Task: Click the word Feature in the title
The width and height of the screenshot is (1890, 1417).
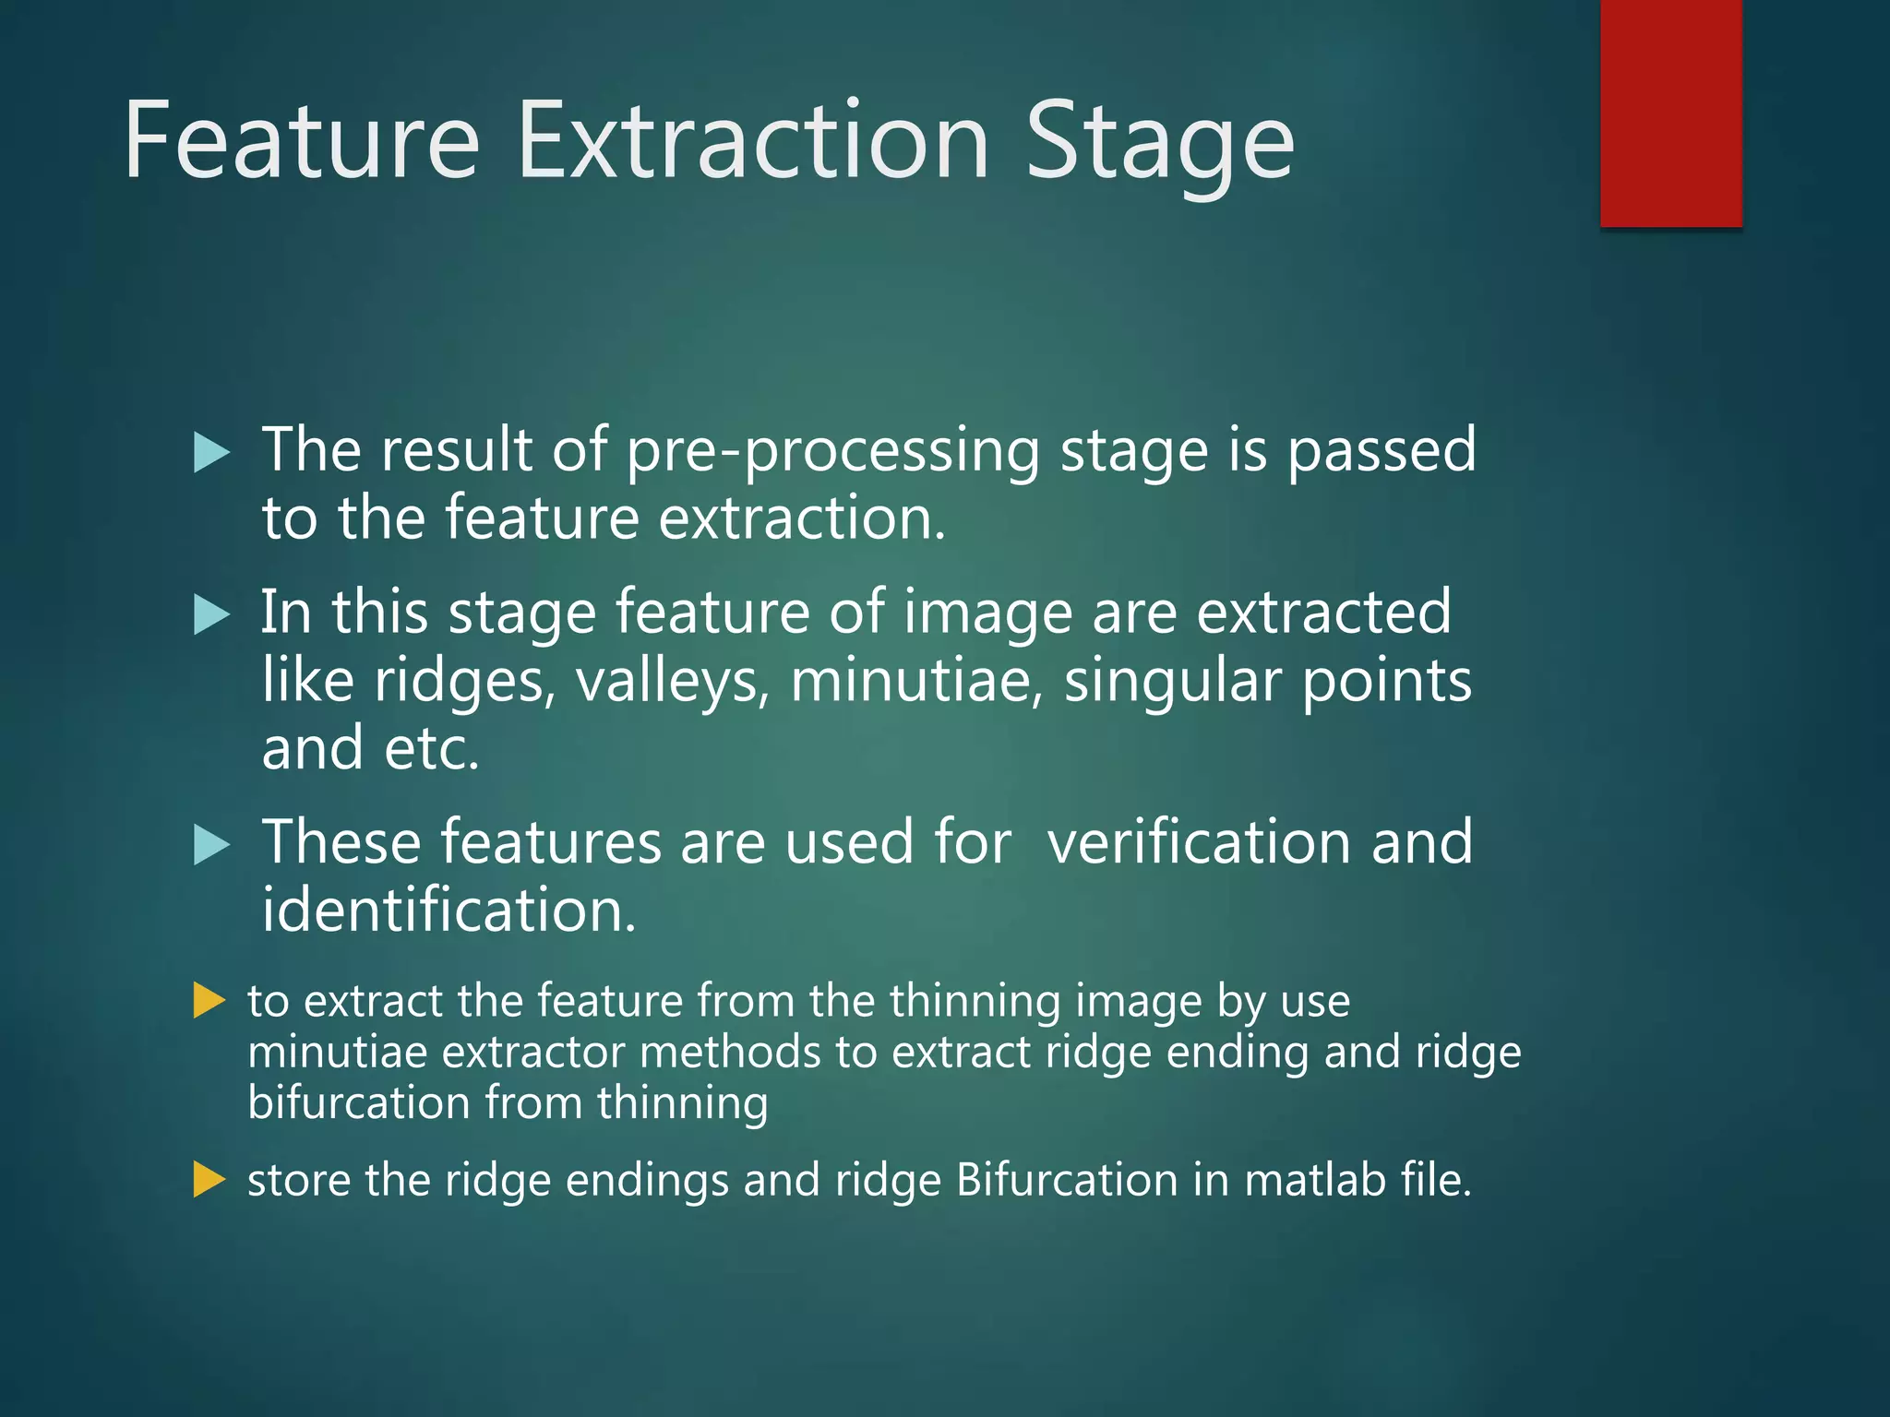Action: (302, 141)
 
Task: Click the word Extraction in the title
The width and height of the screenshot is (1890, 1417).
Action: (752, 141)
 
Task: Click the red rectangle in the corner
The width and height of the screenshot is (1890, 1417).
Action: (1670, 113)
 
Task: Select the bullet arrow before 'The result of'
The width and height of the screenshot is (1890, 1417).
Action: (211, 453)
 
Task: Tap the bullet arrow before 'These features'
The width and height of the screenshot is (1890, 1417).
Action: (211, 845)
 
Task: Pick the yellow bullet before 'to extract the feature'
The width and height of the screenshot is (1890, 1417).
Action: (209, 1001)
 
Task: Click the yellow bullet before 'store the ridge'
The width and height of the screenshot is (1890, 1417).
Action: (209, 1180)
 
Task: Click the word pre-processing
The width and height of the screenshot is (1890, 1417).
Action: (832, 451)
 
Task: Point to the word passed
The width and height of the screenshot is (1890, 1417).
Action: (1381, 451)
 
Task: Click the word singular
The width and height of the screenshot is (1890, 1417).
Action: (1172, 683)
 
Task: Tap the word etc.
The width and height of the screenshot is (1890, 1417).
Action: (431, 749)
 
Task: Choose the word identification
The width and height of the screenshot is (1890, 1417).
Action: (449, 911)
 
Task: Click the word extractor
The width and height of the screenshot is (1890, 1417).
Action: (533, 1053)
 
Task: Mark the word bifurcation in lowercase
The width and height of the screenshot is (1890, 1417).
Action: (359, 1103)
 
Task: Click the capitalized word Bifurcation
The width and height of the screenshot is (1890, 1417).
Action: (1067, 1180)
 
